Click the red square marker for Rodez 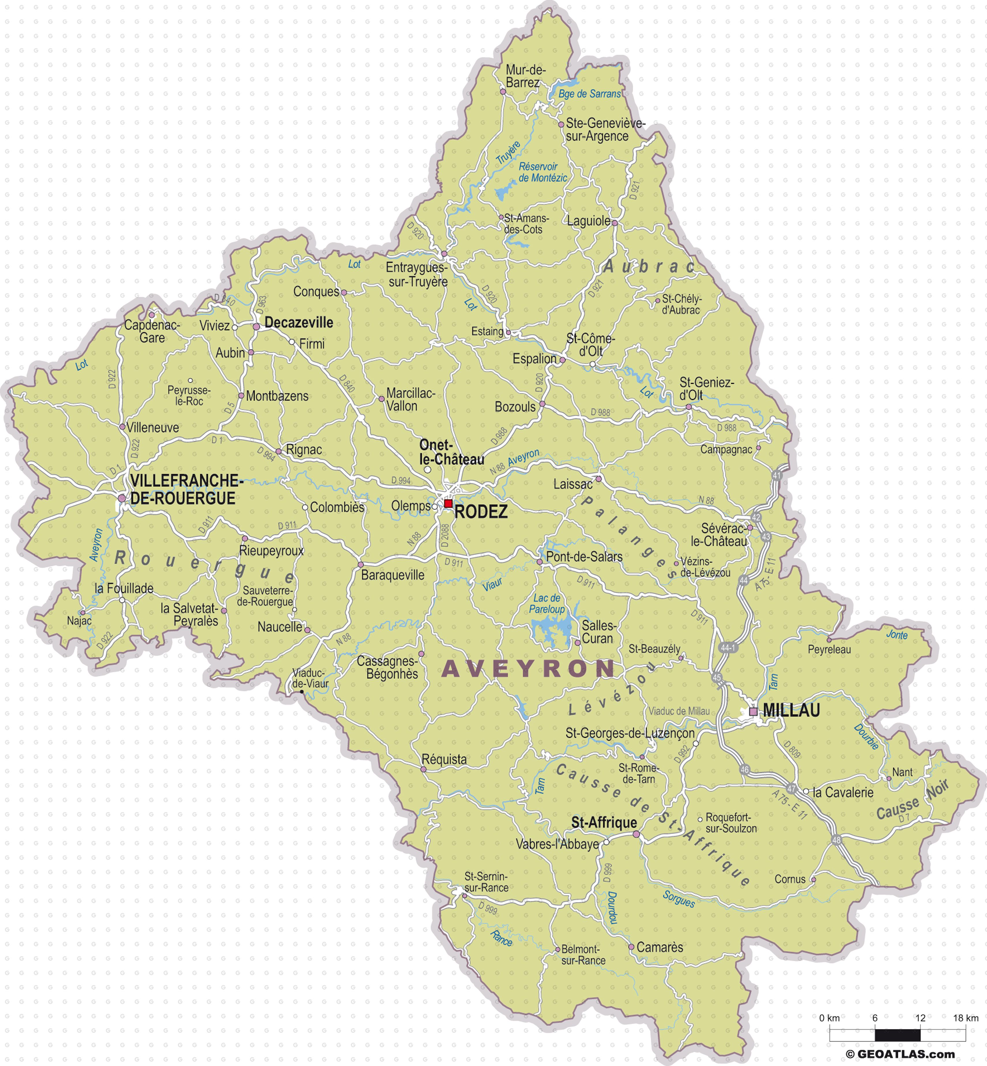pos(448,503)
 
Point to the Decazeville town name pos(299,323)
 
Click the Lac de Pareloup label pos(547,604)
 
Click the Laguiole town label pos(589,221)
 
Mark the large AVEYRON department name pos(528,669)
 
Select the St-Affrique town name pos(604,822)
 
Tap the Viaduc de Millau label pos(679,711)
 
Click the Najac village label pos(79,621)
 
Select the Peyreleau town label pos(829,649)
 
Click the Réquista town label pos(444,759)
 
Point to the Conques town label pos(316,292)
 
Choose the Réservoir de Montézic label pos(542,172)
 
